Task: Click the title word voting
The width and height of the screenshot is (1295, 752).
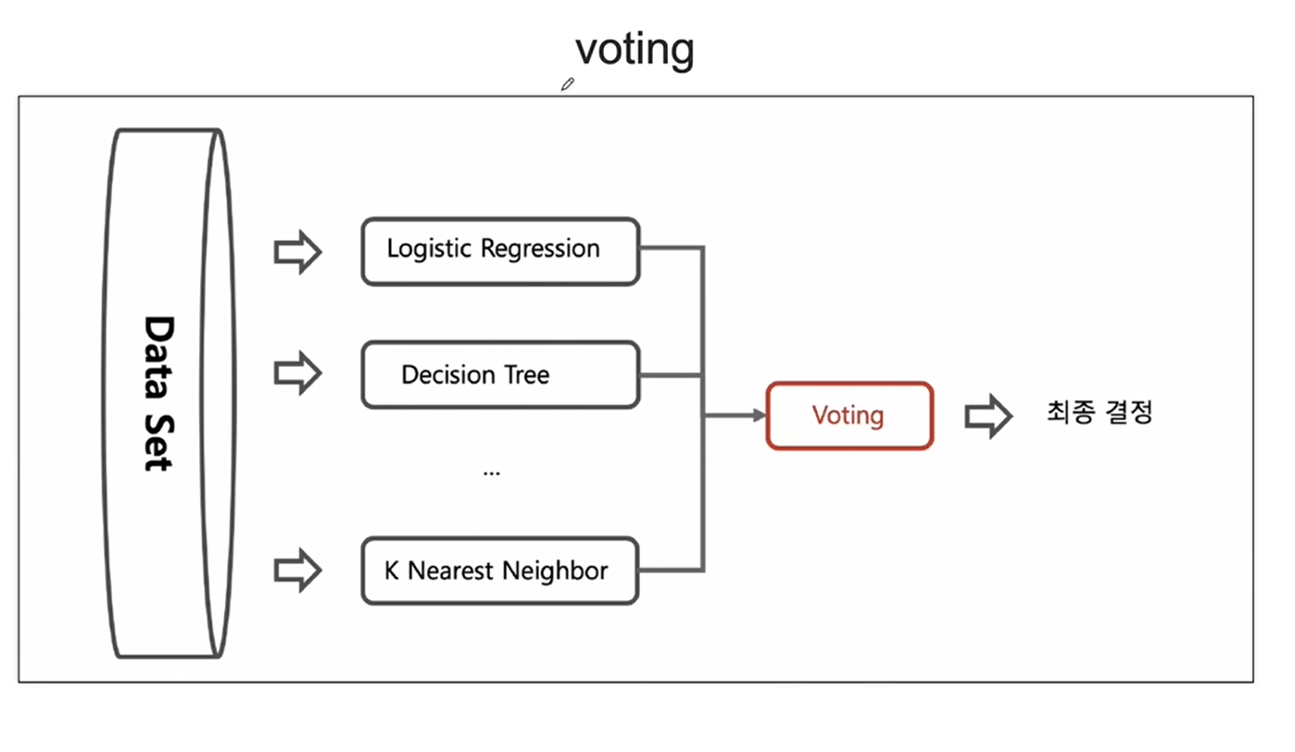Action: [635, 51]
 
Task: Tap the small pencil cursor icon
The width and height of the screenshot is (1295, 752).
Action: [568, 84]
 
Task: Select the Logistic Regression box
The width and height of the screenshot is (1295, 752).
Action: [500, 251]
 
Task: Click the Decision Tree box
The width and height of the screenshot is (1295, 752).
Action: [500, 375]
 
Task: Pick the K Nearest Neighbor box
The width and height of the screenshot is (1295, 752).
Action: [500, 571]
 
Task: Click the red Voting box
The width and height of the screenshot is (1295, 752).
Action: [849, 416]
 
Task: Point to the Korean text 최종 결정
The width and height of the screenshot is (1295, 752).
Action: [1100, 413]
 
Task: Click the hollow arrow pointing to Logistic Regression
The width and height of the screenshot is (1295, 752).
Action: [297, 252]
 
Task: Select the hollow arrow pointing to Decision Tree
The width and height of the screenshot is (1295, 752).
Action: [297, 373]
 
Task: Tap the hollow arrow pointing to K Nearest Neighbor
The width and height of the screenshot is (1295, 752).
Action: [297, 570]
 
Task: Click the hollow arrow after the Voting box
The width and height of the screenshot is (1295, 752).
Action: [988, 416]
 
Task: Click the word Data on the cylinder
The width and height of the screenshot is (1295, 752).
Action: [158, 357]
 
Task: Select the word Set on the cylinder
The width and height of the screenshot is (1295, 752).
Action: [158, 443]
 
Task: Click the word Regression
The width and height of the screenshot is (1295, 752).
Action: [540, 249]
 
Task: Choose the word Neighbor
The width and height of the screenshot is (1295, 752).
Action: [555, 571]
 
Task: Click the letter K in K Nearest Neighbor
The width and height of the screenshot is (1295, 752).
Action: [392, 571]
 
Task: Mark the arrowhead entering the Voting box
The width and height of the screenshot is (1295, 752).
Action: [759, 415]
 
